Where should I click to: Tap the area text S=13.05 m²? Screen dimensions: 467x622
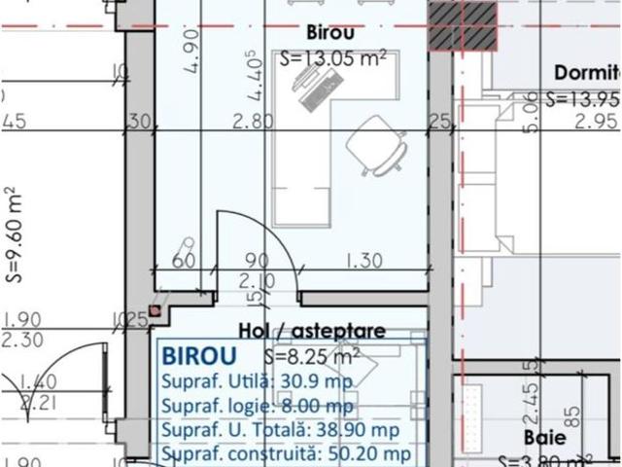333,58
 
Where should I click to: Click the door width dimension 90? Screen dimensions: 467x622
257,262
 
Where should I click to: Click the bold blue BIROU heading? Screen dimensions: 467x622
196,352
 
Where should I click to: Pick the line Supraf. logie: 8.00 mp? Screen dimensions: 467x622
258,406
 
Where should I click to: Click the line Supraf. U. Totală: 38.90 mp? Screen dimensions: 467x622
279,429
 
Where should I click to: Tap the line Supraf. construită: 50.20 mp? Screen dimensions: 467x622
286,452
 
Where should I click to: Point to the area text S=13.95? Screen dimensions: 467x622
583,98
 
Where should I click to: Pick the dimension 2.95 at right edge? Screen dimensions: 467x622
597,121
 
